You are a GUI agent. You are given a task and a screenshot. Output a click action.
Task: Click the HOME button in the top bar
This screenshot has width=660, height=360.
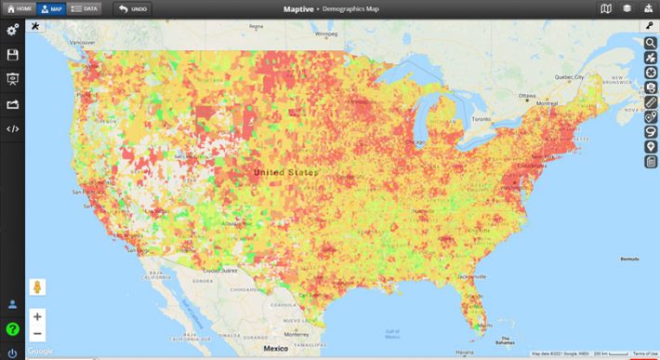[18, 8]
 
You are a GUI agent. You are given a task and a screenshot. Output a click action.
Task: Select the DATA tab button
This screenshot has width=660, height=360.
[86, 8]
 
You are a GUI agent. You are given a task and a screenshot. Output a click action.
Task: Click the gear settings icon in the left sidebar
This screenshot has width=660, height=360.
[13, 31]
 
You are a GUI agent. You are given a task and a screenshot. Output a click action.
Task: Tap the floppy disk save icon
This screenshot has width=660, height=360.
[13, 56]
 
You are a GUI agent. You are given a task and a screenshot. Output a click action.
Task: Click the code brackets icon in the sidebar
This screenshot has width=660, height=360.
[13, 128]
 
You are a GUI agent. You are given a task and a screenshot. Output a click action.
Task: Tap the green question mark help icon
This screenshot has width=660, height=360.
[13, 328]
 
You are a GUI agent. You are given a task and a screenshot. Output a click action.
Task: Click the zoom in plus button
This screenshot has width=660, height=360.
[37, 316]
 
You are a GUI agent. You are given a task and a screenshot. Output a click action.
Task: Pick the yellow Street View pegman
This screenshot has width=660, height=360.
[38, 287]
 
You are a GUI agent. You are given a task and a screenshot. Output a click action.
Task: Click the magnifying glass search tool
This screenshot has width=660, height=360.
[651, 43]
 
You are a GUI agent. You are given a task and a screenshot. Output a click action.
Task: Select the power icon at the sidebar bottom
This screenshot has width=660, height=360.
[13, 353]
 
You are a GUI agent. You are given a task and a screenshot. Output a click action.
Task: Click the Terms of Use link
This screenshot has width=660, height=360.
[644, 354]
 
